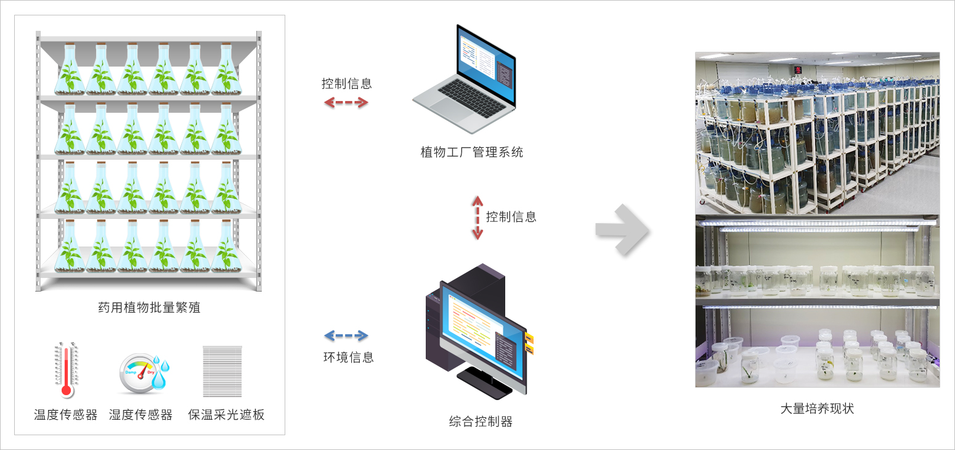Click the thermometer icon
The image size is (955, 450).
(x=66, y=369)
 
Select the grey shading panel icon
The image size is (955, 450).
(x=222, y=371)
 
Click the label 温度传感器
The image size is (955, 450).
(x=66, y=415)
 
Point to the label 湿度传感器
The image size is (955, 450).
(x=140, y=415)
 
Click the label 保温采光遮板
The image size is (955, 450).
(x=226, y=415)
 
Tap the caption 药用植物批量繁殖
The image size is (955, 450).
(x=149, y=307)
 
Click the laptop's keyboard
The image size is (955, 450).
(x=472, y=97)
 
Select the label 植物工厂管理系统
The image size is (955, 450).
(x=472, y=152)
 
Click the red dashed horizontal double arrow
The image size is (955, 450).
(x=346, y=102)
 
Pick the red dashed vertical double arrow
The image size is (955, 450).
(x=477, y=218)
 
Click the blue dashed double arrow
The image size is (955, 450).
(x=346, y=336)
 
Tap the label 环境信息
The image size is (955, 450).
(x=349, y=357)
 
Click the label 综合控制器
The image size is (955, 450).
(x=481, y=422)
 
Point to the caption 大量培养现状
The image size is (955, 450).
(x=817, y=409)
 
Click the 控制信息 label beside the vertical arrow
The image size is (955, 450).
(x=511, y=217)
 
